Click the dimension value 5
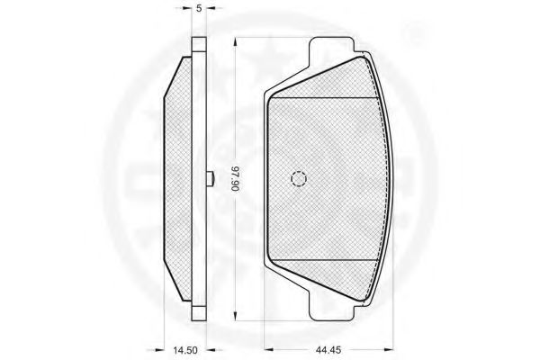[x=199, y=9]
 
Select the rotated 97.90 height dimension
[x=235, y=179]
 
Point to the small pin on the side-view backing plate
[x=211, y=179]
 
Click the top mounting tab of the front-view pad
[x=332, y=49]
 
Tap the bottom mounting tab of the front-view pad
[x=332, y=308]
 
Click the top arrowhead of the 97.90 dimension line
[x=235, y=41]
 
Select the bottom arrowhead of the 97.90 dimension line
[x=235, y=316]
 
